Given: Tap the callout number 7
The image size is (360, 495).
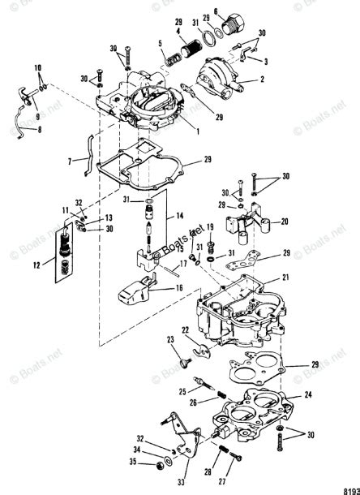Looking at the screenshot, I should (x=70, y=160).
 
